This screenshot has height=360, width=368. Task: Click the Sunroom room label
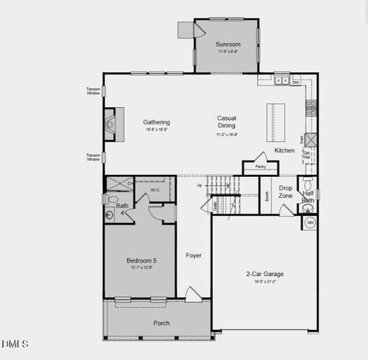coord(228,44)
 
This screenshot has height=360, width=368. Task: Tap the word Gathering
coord(157,122)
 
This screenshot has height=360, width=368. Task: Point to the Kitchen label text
coord(285,151)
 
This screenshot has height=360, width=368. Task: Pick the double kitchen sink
coord(282,79)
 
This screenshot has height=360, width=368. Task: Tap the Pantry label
coord(260,167)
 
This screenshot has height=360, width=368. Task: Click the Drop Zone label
coord(286,192)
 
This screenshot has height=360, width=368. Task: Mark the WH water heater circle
coord(310,223)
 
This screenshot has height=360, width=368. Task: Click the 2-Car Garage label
coord(264,274)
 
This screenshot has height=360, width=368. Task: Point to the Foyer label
coord(193,256)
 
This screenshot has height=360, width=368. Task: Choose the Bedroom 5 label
coord(142,261)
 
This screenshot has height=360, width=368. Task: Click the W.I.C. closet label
coord(154,190)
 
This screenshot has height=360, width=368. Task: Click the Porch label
coord(161,323)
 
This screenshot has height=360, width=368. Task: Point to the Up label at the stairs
coord(199,184)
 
